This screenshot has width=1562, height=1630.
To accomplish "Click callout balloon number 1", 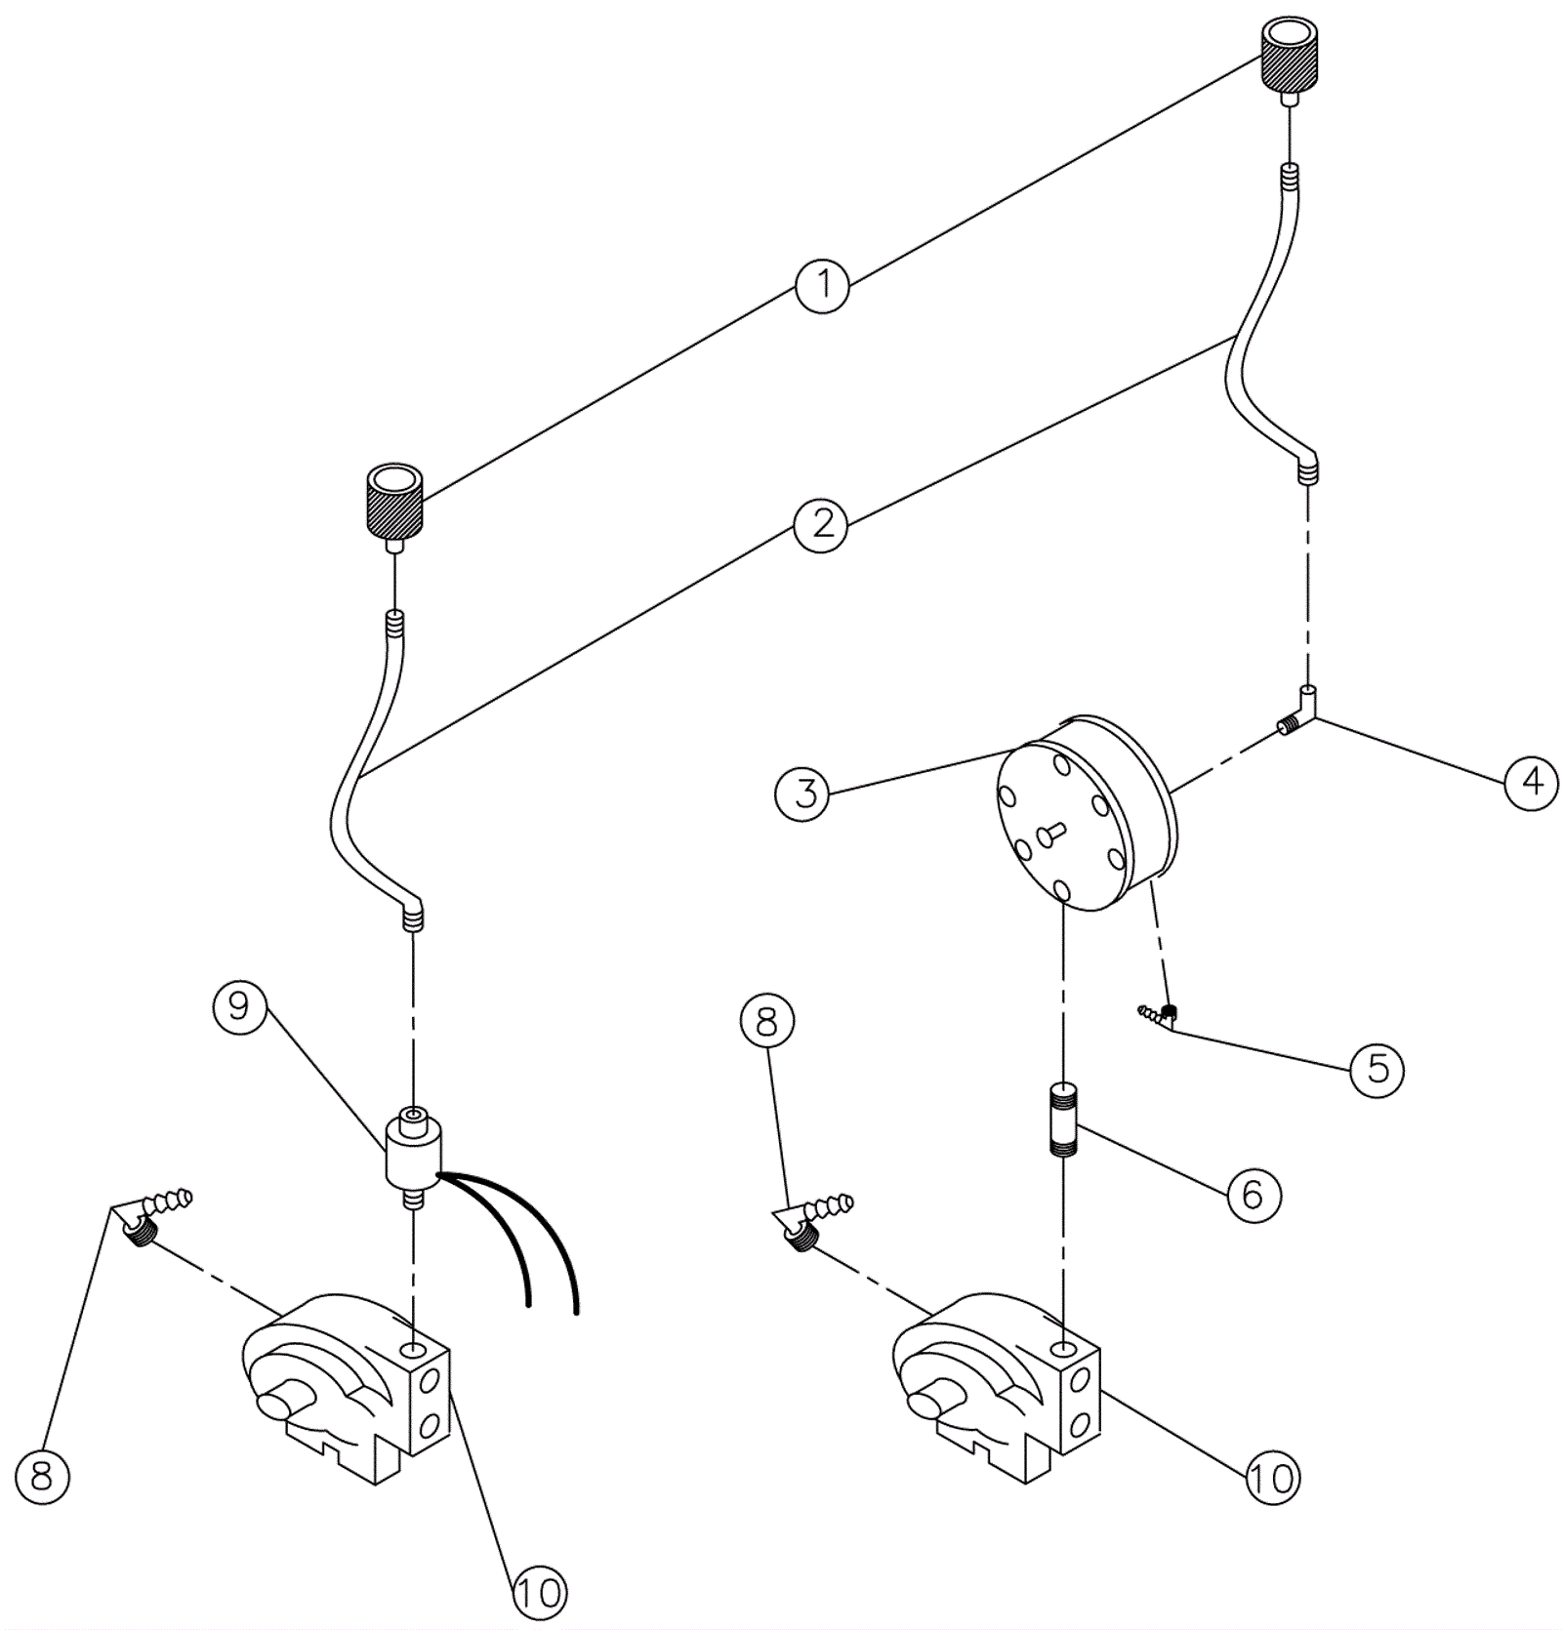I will pyautogui.click(x=822, y=285).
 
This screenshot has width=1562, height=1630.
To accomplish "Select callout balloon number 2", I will pyautogui.click(x=822, y=524).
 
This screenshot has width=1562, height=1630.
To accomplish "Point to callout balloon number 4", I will pyautogui.click(x=1532, y=783).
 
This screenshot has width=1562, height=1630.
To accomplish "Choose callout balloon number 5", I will pyautogui.click(x=1377, y=1069).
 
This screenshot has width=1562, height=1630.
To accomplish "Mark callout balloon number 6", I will pyautogui.click(x=1253, y=1194).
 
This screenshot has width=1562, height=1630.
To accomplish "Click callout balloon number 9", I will pyautogui.click(x=240, y=1007).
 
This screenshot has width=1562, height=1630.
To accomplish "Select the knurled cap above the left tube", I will pyautogui.click(x=394, y=500).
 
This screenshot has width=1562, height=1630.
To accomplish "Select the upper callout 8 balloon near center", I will pyautogui.click(x=767, y=1021).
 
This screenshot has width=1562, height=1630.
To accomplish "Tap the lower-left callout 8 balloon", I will pyautogui.click(x=42, y=1475).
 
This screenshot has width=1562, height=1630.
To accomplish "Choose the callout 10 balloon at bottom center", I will pyautogui.click(x=538, y=1593).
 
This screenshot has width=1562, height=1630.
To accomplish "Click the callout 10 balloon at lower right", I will pyautogui.click(x=1272, y=1479).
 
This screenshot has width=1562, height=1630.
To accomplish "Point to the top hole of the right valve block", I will pyautogui.click(x=1063, y=1350).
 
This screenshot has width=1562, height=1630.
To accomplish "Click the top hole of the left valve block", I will pyautogui.click(x=412, y=1351).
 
